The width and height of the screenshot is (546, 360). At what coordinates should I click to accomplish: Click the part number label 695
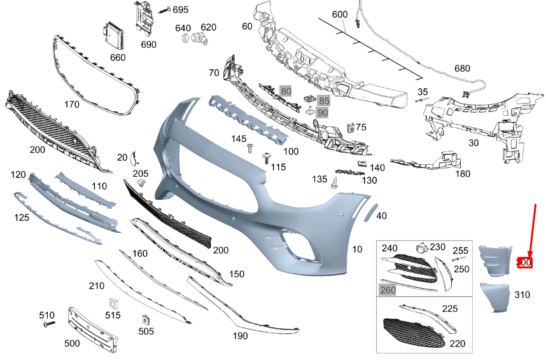(x=181, y=10)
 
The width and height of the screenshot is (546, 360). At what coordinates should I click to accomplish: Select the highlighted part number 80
(x=286, y=91)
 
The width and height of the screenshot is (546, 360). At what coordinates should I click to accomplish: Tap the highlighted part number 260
(x=387, y=290)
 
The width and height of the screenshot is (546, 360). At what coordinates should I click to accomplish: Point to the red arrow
(x=533, y=229)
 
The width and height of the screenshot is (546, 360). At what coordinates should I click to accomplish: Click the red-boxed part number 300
(x=524, y=262)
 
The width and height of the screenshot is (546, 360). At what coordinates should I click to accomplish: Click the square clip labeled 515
(x=114, y=303)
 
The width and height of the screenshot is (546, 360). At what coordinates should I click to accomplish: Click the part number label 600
(x=340, y=15)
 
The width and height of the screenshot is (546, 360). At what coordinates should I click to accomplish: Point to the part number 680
(x=462, y=69)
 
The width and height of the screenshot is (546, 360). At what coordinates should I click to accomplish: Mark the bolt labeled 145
(x=251, y=149)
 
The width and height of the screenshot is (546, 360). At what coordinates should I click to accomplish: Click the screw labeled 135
(x=334, y=183)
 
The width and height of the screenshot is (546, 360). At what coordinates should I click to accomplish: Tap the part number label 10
(x=357, y=249)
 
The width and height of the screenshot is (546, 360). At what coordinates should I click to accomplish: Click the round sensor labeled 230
(x=420, y=248)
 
